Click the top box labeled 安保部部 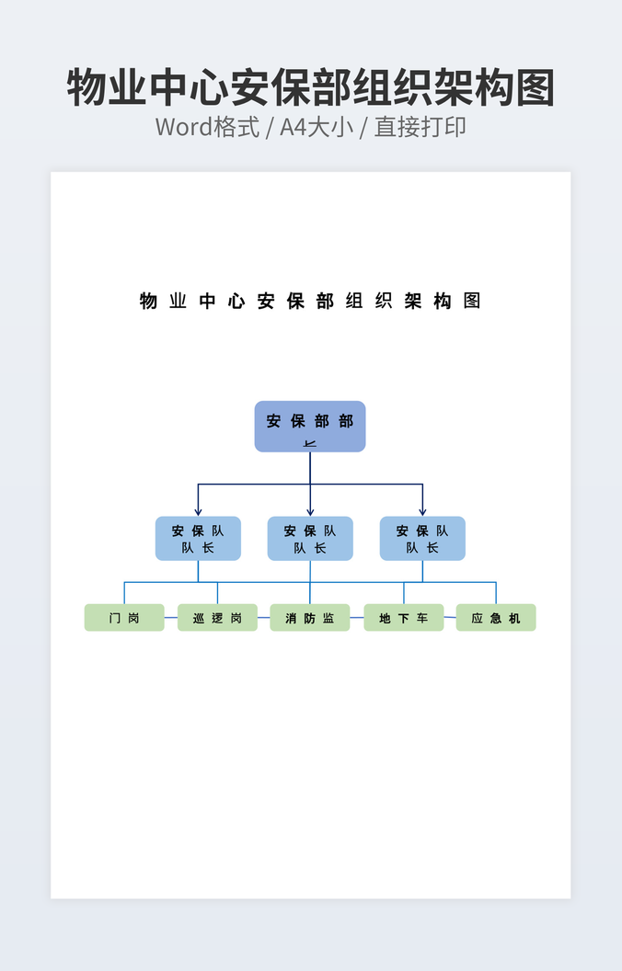pos(310,426)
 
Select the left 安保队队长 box pos(198,539)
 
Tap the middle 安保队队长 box pos(310,539)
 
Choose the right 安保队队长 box pos(422,539)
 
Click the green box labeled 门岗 pos(124,618)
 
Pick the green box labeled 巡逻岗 pos(217,618)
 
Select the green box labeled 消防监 pos(310,618)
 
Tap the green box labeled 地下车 pos(403,618)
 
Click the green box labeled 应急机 pos(496,618)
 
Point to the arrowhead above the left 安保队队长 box pos(198,511)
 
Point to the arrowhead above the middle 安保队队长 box pos(310,511)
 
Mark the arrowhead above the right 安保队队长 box pos(422,511)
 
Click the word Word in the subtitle pos(184,127)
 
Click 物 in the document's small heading pos(148,301)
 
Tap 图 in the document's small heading pos(472,301)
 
